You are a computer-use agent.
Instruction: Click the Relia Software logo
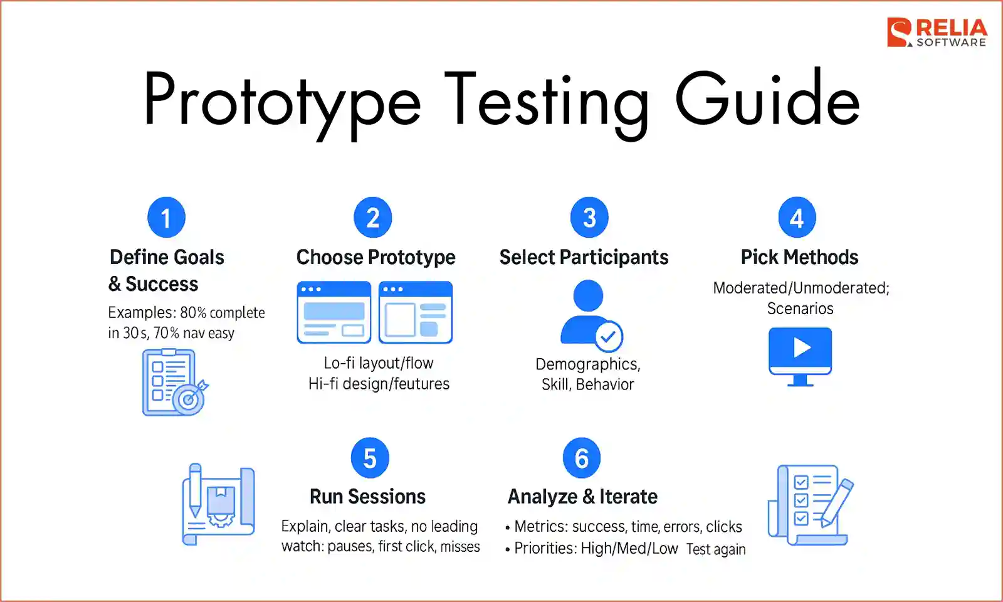click(937, 33)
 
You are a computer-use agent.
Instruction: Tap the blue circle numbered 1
click(166, 218)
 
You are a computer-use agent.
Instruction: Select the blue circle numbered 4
click(797, 218)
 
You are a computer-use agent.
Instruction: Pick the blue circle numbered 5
click(370, 458)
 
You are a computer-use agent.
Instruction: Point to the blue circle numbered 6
click(582, 458)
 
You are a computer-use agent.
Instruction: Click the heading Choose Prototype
click(375, 257)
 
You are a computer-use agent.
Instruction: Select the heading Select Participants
click(584, 257)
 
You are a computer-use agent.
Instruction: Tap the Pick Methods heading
click(799, 257)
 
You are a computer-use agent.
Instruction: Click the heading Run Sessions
click(367, 497)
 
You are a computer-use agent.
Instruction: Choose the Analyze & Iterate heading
click(582, 497)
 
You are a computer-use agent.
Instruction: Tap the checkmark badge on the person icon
click(608, 337)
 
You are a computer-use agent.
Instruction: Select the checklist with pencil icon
click(810, 504)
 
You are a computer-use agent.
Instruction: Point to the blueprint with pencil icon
click(218, 504)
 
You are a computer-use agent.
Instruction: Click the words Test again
click(716, 549)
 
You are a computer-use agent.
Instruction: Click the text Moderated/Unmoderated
click(801, 288)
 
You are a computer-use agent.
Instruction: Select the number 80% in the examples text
click(193, 312)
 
